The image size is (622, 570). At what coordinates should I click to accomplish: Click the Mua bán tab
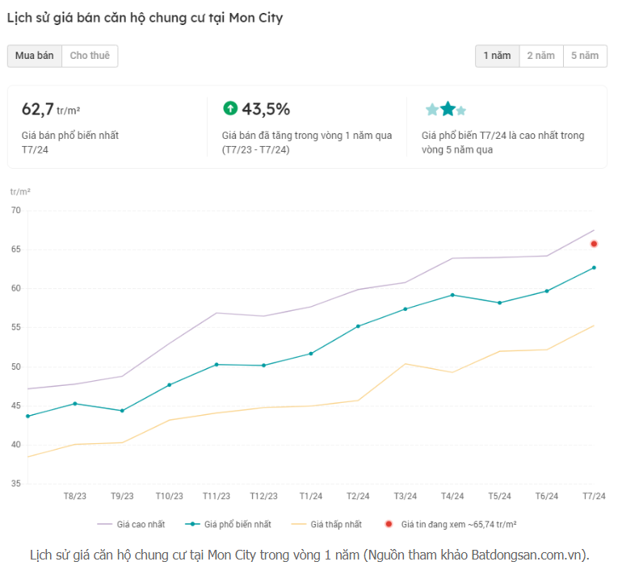(x=34, y=56)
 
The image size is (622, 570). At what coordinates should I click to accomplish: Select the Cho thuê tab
(x=90, y=56)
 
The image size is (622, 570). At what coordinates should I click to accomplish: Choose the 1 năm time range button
(x=497, y=56)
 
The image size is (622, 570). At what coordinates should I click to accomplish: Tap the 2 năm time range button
(x=540, y=56)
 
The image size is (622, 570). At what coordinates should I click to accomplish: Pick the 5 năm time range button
(x=585, y=56)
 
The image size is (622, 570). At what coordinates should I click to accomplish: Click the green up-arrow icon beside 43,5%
(x=230, y=108)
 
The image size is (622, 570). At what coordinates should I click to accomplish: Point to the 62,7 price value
(x=38, y=109)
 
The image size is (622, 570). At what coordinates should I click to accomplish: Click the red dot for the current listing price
(x=594, y=244)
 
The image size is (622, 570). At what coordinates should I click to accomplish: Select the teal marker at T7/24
(x=594, y=267)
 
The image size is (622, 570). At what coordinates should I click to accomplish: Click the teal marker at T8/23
(x=75, y=404)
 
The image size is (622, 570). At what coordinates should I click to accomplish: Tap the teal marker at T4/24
(x=452, y=295)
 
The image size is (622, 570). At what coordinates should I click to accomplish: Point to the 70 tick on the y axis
(x=16, y=210)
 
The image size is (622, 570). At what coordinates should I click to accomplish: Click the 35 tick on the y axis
(x=16, y=484)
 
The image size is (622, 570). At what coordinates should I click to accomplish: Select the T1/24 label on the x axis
(x=311, y=496)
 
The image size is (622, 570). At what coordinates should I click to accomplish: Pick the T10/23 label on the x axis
(x=170, y=496)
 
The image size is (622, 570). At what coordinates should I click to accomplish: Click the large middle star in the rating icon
(x=448, y=109)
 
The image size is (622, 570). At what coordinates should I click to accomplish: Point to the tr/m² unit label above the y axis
(x=20, y=191)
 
